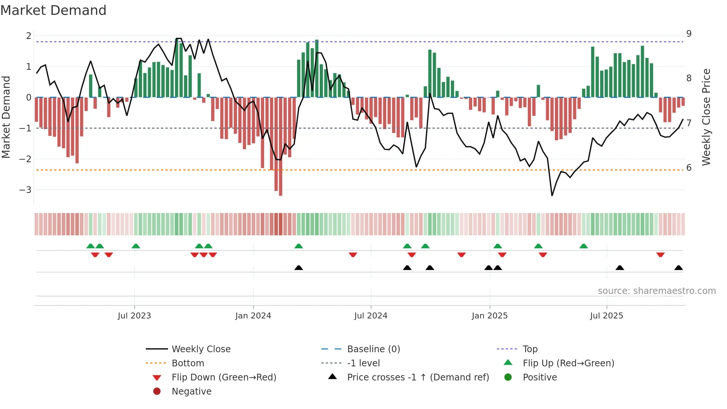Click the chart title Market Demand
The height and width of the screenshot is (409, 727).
click(x=53, y=10)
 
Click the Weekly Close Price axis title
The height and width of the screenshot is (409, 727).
click(x=706, y=117)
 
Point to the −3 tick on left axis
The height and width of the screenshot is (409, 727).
click(x=26, y=190)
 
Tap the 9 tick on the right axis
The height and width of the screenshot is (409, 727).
click(x=689, y=34)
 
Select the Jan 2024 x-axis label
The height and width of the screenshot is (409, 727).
click(x=253, y=316)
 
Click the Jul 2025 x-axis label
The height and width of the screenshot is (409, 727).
click(x=606, y=316)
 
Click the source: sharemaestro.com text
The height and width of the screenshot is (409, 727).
click(x=657, y=291)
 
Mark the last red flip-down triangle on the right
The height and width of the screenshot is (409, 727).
click(x=660, y=255)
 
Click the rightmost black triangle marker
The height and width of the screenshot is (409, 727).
click(x=678, y=268)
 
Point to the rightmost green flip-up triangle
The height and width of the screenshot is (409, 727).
click(x=583, y=246)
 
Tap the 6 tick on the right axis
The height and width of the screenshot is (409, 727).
click(x=689, y=168)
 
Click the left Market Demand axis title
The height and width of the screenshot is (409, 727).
click(x=6, y=117)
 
